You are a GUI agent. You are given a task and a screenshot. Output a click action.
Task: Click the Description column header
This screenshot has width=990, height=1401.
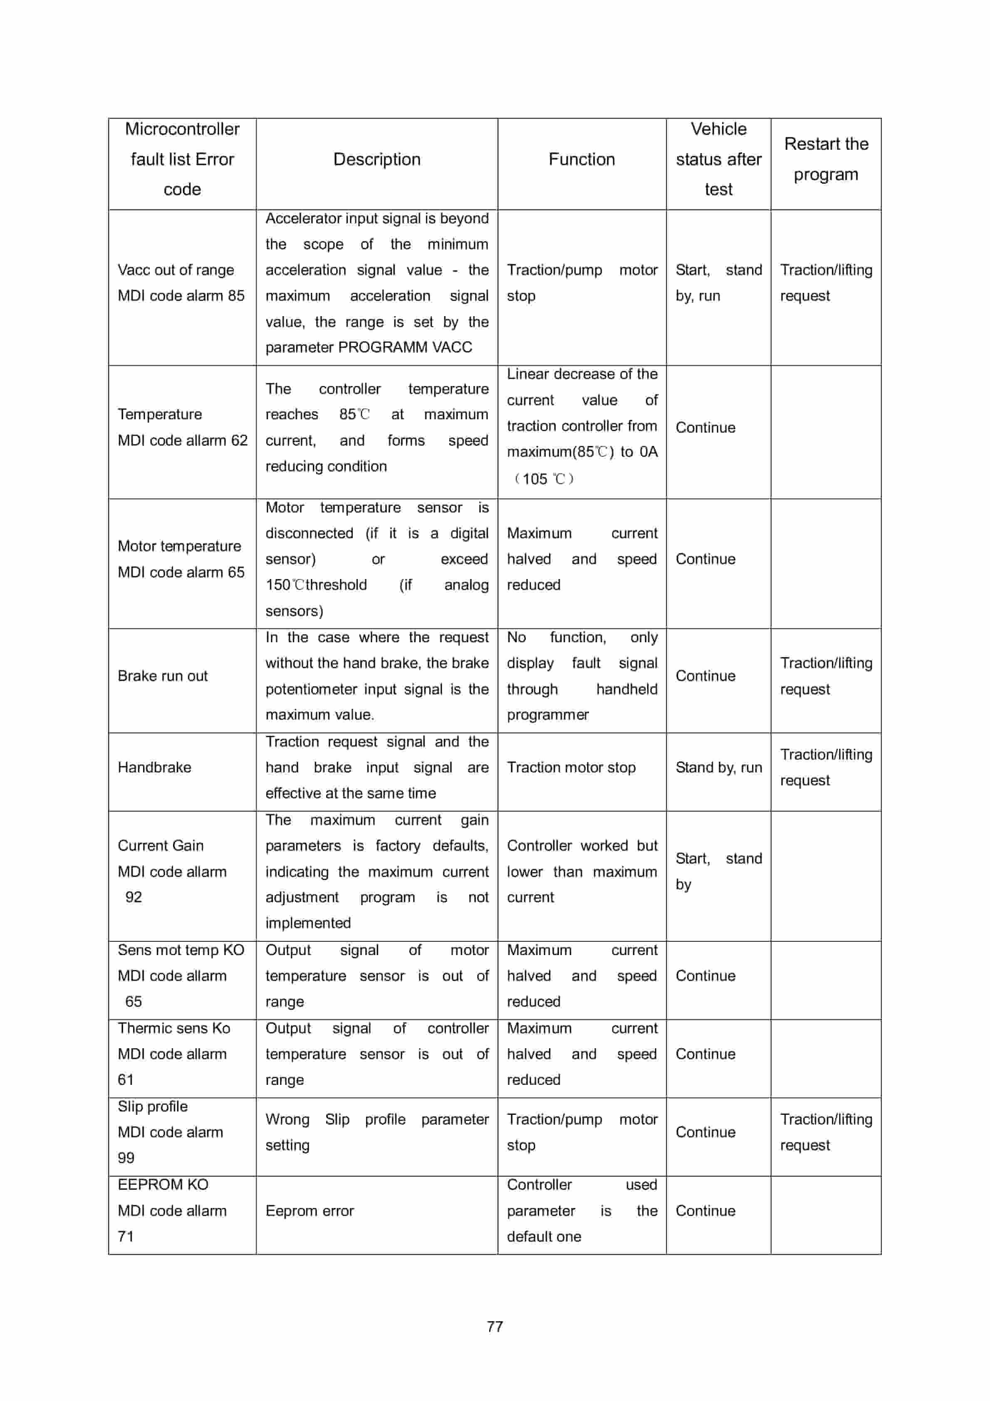376,159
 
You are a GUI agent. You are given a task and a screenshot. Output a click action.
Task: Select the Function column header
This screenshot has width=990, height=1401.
581,159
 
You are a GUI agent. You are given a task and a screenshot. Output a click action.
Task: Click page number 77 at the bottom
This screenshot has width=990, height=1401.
495,1326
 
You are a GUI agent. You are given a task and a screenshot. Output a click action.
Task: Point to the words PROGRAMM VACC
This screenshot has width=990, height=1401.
405,347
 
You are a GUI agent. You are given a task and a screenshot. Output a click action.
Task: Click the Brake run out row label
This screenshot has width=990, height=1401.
162,676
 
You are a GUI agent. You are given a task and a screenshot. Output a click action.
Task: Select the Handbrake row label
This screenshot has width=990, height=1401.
154,767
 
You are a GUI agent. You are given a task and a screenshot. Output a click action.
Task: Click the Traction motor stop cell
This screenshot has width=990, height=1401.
571,767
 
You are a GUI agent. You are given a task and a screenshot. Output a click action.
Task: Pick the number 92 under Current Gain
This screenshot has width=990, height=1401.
133,897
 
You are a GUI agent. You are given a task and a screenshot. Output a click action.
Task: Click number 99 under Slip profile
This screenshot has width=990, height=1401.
126,1158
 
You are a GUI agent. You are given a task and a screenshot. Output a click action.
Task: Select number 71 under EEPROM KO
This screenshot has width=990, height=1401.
125,1236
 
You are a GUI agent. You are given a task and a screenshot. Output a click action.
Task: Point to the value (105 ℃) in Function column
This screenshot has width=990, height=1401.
543,478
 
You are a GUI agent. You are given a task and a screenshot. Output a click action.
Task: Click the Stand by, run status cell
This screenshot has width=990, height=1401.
718,767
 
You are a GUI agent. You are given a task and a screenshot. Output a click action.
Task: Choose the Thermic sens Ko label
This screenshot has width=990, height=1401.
173,1028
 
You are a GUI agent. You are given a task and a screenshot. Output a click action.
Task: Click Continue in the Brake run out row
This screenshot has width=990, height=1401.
705,676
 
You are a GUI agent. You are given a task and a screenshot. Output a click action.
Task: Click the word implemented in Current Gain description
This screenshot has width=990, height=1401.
308,923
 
